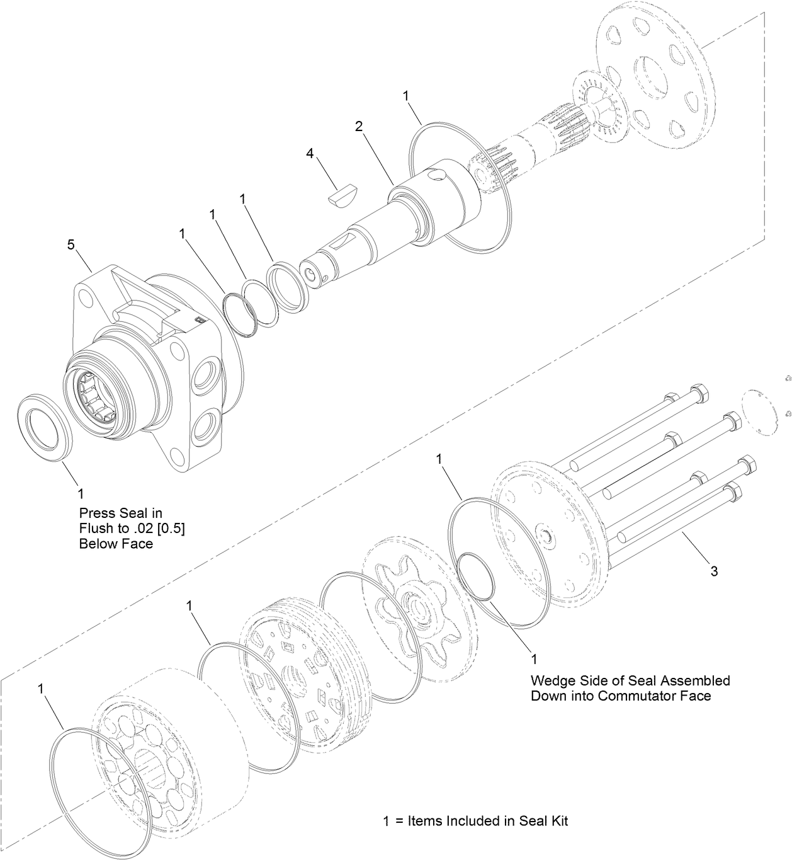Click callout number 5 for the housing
72,243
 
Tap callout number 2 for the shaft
358,126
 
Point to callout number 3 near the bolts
713,571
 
